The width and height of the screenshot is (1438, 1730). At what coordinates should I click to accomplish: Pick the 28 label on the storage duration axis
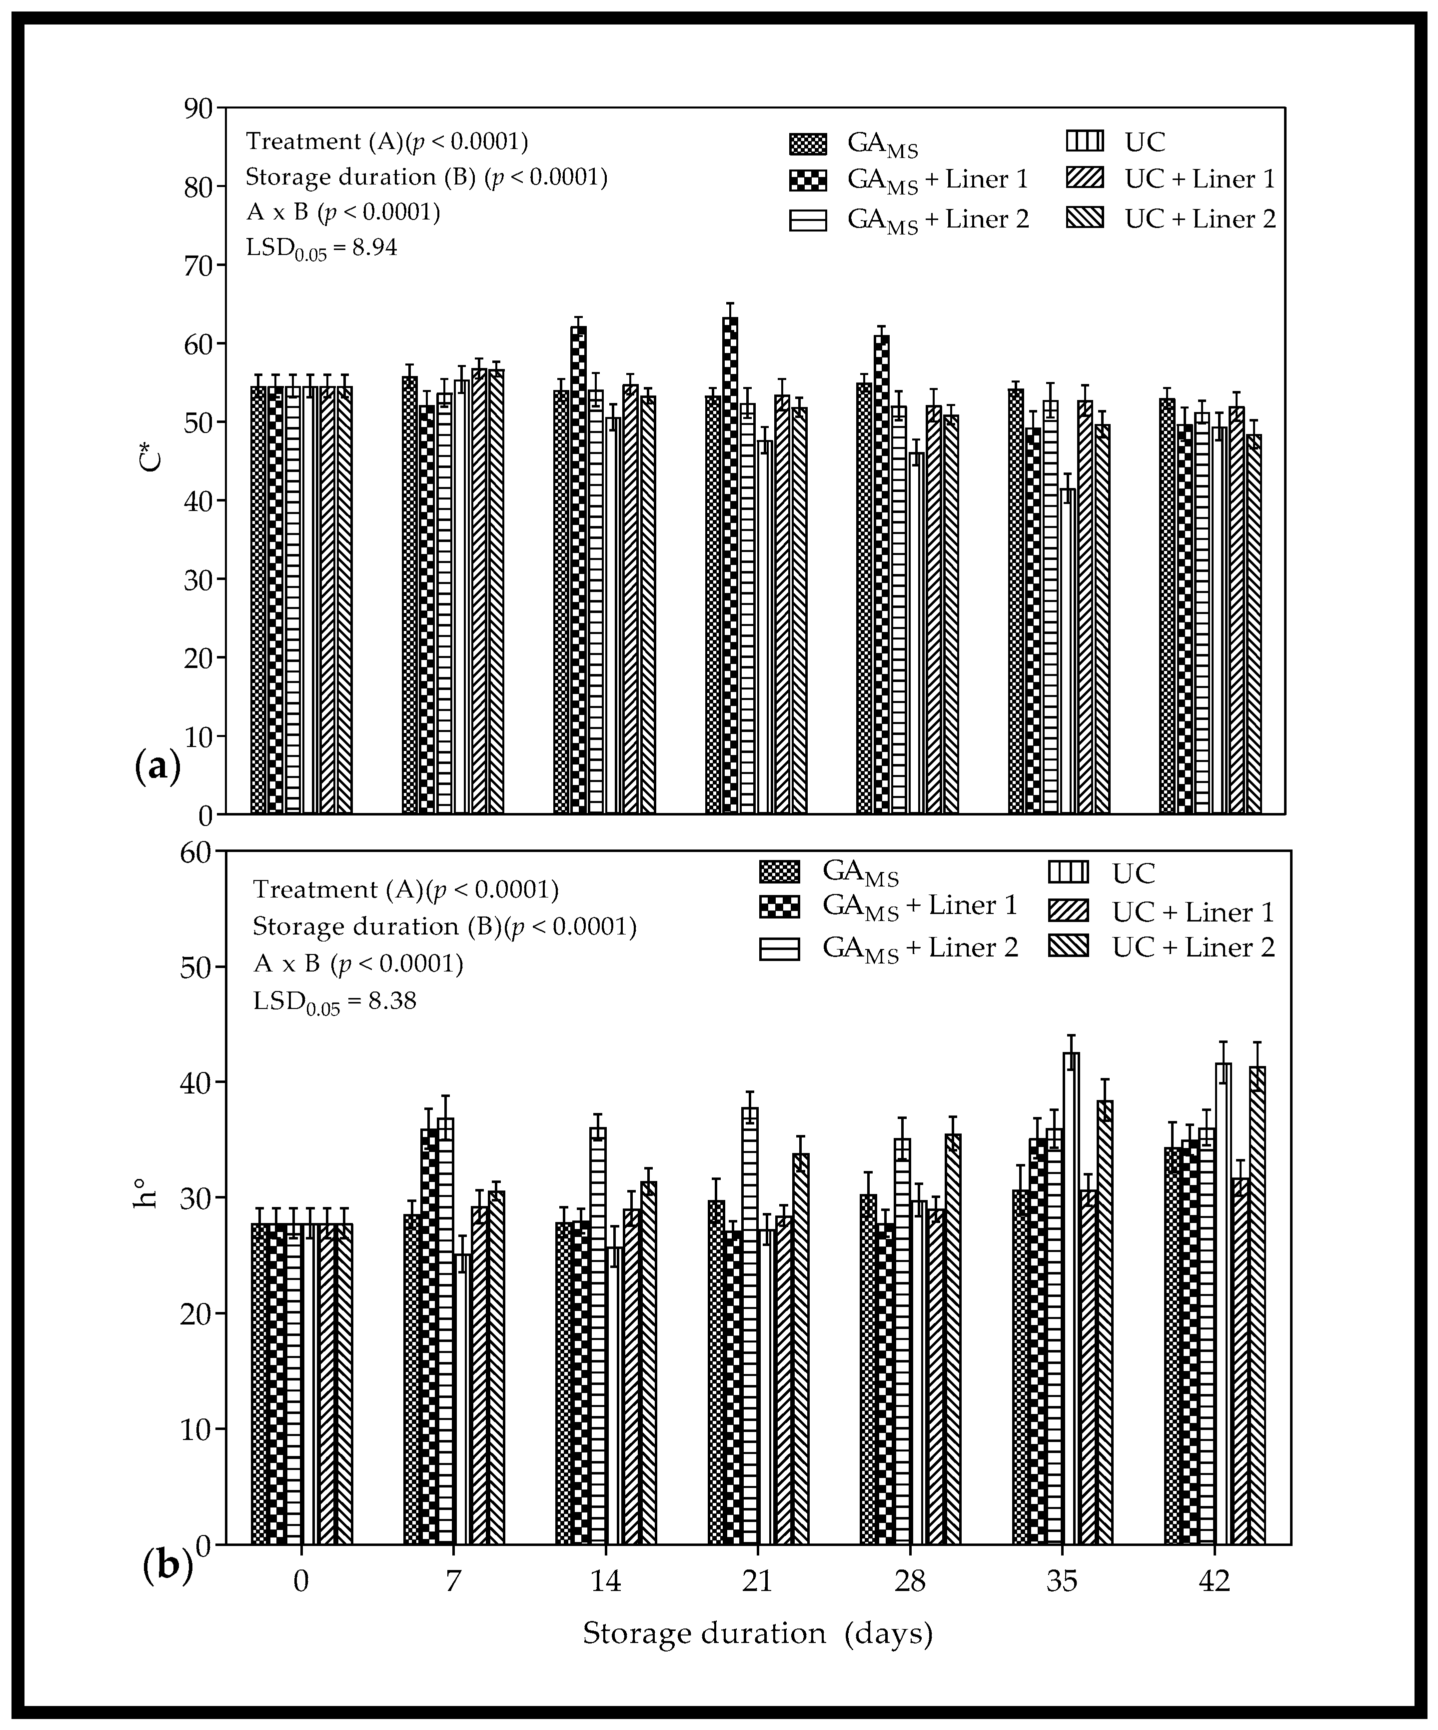910,1581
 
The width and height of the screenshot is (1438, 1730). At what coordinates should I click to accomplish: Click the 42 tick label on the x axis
1214,1581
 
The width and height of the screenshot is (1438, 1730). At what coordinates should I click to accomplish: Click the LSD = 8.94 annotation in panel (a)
322,247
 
